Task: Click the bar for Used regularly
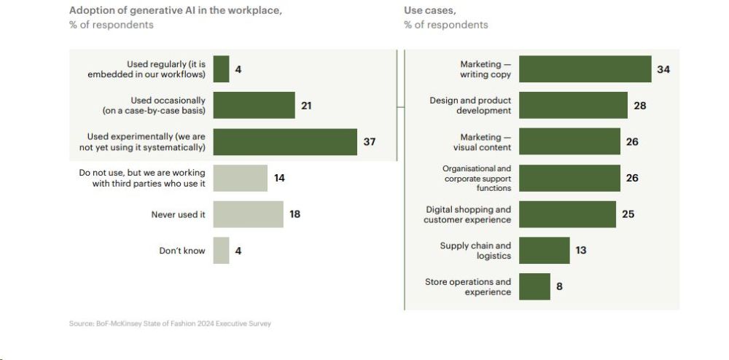(221, 69)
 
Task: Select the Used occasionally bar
(254, 106)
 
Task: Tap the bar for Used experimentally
(285, 142)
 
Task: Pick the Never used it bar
(248, 214)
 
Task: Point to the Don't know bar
(221, 251)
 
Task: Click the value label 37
(370, 142)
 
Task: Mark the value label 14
(280, 178)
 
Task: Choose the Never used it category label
(178, 214)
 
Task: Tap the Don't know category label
(182, 251)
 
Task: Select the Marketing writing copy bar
(585, 69)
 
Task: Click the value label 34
(663, 69)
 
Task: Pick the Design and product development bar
(573, 106)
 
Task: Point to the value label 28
(639, 106)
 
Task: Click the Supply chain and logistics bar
(544, 250)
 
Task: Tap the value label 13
(580, 250)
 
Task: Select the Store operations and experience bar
(534, 286)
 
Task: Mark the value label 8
(559, 286)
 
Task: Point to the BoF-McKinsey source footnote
(170, 324)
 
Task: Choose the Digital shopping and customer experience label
(468, 214)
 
